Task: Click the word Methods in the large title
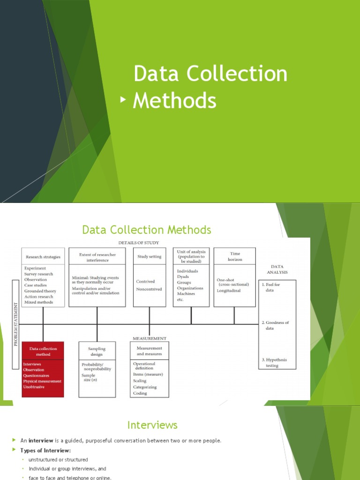[x=174, y=100]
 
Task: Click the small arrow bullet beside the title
[x=123, y=99]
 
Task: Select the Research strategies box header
[x=43, y=257]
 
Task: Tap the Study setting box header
[x=149, y=256]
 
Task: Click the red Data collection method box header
[x=43, y=352]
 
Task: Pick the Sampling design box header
[x=97, y=352]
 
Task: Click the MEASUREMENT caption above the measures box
[x=150, y=338]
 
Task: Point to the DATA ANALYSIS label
[x=277, y=269]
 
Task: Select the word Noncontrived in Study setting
[x=149, y=289]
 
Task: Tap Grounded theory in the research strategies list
[x=40, y=291]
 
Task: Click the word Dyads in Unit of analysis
[x=184, y=277]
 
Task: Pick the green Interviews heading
[x=152, y=425]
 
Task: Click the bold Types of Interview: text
[x=45, y=450]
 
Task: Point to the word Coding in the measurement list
[x=140, y=393]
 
